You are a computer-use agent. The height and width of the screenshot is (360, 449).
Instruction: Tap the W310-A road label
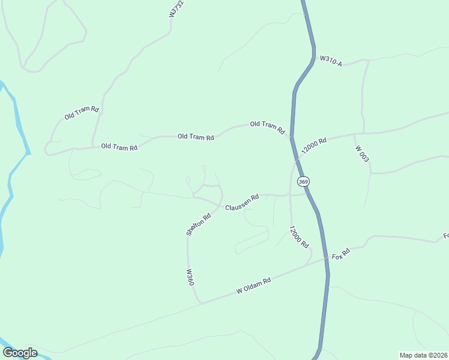pos(331,61)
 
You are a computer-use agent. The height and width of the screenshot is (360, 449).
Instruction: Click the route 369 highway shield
pos(303,181)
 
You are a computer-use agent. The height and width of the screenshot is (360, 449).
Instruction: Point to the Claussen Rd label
pos(242,202)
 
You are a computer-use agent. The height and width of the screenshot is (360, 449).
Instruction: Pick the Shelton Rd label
pos(199,225)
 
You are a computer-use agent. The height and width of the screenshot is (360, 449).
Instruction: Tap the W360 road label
pos(190,277)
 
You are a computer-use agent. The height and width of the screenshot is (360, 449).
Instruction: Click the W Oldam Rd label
pos(254,285)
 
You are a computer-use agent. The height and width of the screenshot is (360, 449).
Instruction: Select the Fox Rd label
pos(340,254)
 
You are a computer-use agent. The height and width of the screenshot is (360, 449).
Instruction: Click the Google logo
pos(20,353)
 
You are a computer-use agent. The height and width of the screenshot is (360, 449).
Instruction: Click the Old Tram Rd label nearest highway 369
pos(267,127)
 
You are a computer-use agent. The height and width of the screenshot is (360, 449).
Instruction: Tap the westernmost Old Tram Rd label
pos(82,112)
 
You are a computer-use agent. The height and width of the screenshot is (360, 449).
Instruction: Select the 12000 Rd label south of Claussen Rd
pos(298,237)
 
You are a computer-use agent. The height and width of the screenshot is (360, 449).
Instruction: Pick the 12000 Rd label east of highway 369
pos(314,146)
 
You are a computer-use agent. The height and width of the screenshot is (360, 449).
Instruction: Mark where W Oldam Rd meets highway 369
pos(327,259)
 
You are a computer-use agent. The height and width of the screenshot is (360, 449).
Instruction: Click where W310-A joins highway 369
pos(313,58)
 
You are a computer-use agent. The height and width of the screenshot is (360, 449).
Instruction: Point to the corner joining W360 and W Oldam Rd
pos(200,303)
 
